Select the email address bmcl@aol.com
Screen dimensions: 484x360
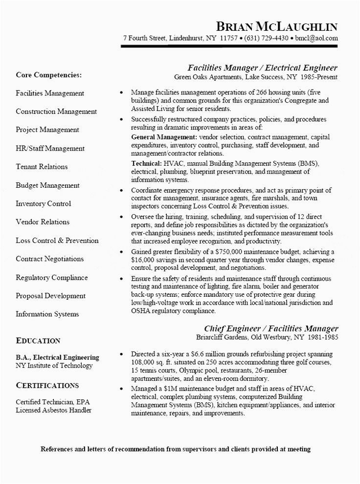point(316,38)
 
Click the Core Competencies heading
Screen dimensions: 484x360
point(49,75)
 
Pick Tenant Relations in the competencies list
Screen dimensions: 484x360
point(42,167)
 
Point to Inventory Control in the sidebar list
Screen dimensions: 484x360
point(44,203)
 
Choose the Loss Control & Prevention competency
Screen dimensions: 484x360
point(57,241)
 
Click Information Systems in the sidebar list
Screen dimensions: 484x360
point(47,314)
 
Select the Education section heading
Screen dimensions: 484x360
point(38,341)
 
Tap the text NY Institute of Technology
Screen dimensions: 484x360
point(54,365)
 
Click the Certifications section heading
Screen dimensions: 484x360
point(47,385)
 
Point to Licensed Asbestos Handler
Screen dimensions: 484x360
point(54,410)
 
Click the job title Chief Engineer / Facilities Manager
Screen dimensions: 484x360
point(270,328)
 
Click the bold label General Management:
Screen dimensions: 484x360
point(164,137)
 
